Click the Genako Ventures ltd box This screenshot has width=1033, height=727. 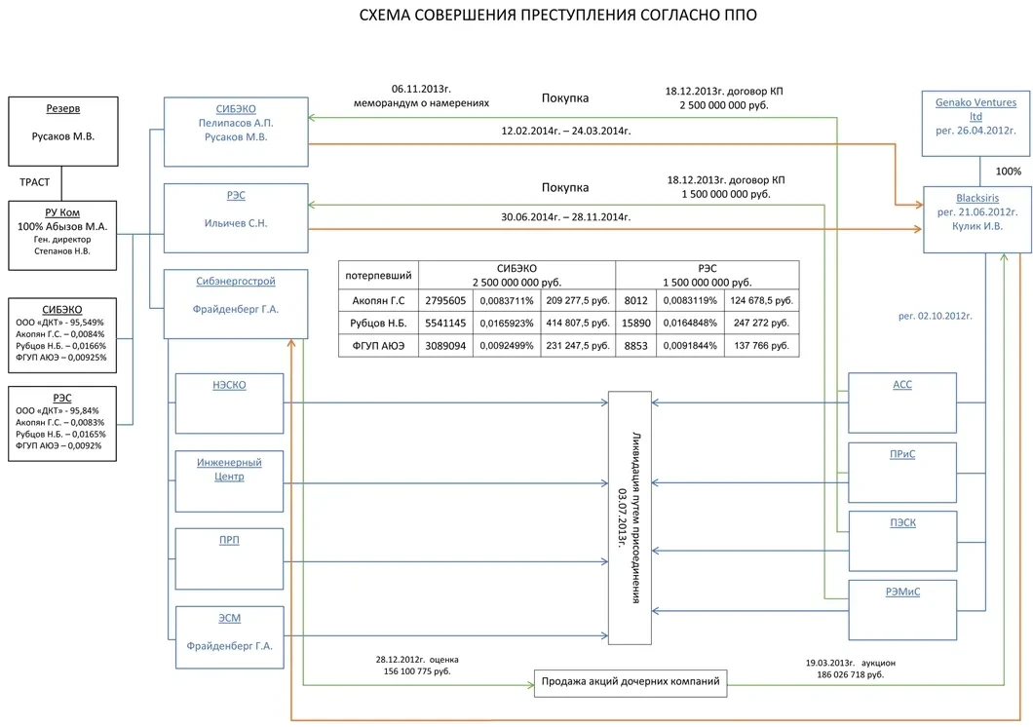click(x=976, y=123)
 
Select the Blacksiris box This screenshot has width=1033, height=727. click(x=976, y=219)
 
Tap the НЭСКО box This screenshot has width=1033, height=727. click(x=230, y=402)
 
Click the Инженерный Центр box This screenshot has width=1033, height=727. click(x=230, y=480)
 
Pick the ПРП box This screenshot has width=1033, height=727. click(x=230, y=558)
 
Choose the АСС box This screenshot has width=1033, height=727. click(x=902, y=402)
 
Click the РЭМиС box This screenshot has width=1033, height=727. click(x=902, y=609)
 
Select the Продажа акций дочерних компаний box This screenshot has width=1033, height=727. click(x=631, y=682)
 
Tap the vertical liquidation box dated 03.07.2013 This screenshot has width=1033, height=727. click(x=630, y=517)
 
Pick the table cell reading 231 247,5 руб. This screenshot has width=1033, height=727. click(x=578, y=345)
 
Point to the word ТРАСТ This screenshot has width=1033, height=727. click(x=35, y=182)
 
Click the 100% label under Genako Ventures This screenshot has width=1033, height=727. click(x=1007, y=172)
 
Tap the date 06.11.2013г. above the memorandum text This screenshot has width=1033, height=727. click(x=421, y=88)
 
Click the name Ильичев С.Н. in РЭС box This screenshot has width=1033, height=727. click(x=236, y=224)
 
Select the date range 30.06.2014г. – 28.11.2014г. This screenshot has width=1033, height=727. click(x=565, y=217)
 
